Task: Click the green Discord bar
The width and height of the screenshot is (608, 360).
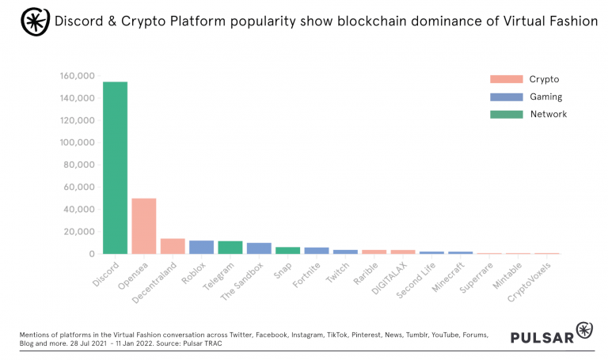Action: (115, 168)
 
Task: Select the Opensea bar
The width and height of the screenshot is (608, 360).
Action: (143, 226)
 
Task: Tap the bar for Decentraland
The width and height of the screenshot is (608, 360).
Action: (173, 246)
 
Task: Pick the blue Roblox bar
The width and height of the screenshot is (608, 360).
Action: (201, 247)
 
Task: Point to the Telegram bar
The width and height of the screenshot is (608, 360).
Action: (230, 247)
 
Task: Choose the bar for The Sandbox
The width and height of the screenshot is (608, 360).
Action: (259, 248)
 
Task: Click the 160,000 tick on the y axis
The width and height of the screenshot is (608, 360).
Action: (77, 76)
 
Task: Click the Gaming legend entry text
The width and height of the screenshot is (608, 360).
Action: (546, 97)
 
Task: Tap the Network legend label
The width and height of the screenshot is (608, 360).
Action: (549, 114)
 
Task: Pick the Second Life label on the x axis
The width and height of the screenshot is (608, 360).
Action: (416, 277)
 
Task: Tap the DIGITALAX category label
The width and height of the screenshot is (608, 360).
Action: (387, 277)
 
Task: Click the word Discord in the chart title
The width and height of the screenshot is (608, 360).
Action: (79, 21)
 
